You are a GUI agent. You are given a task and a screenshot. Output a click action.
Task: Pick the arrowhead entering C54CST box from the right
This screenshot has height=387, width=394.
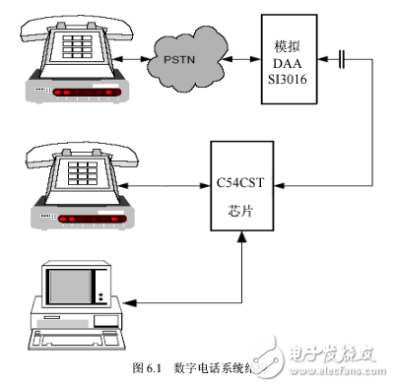[275, 184]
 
